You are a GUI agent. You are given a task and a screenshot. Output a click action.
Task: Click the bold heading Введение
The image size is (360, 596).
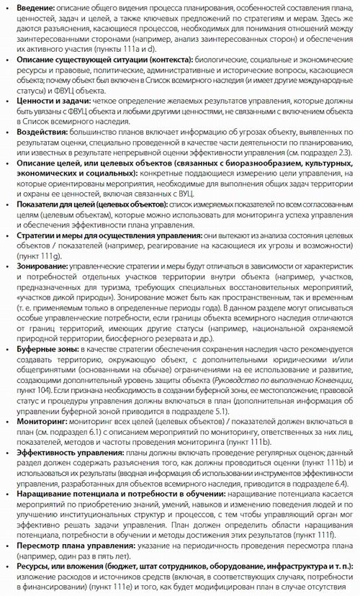(x=33, y=6)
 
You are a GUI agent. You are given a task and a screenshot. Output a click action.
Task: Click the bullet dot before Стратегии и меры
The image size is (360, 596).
(x=9, y=235)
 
